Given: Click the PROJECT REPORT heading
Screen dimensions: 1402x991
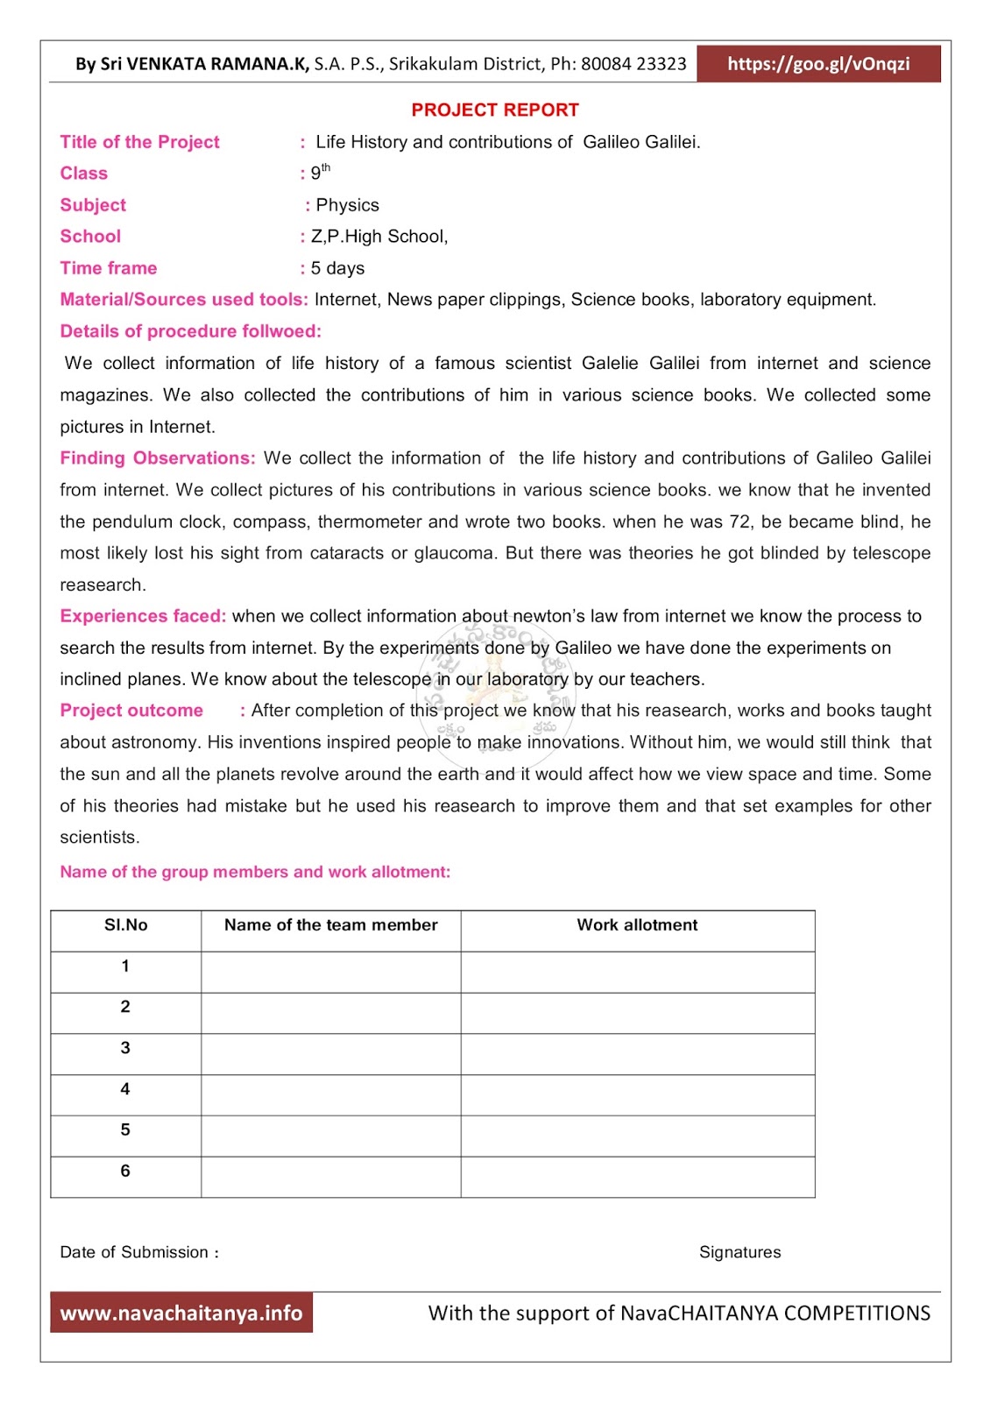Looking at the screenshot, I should [x=495, y=110].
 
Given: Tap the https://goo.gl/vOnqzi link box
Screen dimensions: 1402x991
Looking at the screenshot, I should [x=818, y=64].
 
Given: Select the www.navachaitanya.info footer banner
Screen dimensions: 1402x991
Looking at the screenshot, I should [x=181, y=1313].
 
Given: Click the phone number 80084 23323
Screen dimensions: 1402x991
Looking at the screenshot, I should [x=634, y=64].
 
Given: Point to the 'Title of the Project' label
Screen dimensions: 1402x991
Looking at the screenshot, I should [x=139, y=142].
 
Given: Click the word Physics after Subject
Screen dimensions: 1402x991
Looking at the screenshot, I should [x=347, y=205].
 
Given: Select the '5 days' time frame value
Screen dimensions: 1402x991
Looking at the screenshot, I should [x=337, y=268].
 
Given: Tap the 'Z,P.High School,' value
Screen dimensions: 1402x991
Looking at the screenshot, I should [x=379, y=237].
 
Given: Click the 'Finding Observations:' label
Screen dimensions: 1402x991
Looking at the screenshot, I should [x=158, y=458].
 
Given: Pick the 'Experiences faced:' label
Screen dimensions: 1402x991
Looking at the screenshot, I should [x=143, y=616].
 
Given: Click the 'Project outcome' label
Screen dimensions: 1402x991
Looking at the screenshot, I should [x=131, y=711].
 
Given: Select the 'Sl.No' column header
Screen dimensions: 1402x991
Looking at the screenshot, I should [x=126, y=925].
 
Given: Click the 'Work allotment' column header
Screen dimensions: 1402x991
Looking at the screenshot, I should [x=637, y=925].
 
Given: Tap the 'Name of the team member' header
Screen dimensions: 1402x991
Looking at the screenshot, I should [x=330, y=925].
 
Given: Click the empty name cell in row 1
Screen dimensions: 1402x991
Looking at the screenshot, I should [x=330, y=972].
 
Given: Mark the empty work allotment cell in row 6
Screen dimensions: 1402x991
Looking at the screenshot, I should [x=637, y=1177].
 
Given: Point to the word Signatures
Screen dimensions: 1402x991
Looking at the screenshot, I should [x=740, y=1252].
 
